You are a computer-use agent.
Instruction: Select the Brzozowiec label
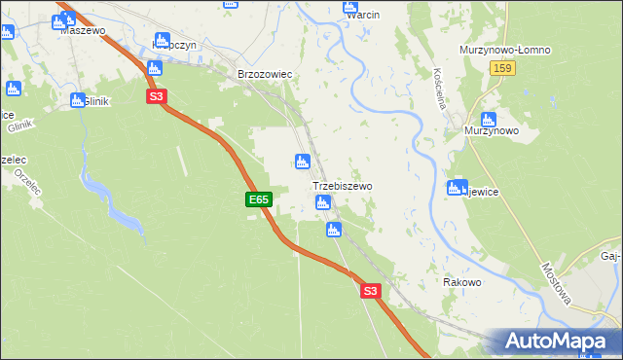pos(265,74)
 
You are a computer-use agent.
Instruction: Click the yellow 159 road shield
pos(503,69)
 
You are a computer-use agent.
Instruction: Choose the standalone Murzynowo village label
pos(492,130)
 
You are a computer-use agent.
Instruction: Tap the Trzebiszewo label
pos(342,185)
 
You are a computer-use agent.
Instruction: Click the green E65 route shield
pos(258,199)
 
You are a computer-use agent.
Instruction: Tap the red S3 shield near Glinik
pos(157,96)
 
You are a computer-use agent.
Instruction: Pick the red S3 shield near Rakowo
pos(369,291)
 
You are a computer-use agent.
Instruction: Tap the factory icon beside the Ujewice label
pos(455,188)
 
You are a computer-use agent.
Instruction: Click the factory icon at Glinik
pos(77,99)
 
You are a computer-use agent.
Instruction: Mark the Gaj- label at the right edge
pos(610,256)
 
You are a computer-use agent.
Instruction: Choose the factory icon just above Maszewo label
pos(68,18)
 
